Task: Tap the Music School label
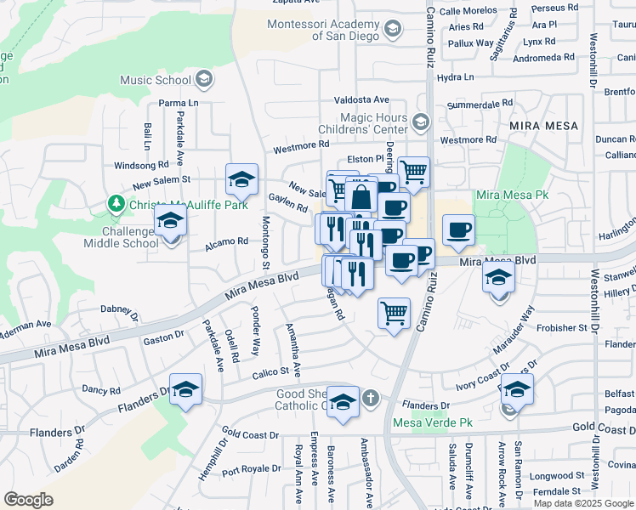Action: coord(156,81)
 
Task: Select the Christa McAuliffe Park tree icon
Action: coord(116,204)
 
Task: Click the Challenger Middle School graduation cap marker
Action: coord(170,223)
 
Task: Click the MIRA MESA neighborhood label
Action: coord(543,126)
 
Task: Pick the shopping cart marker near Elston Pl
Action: coord(413,172)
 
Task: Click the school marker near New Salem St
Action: coord(241,179)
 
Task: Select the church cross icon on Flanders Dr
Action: coord(371,398)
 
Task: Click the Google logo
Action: coord(29,500)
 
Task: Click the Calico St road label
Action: coord(271,373)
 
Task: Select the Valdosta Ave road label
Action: coord(361,100)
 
